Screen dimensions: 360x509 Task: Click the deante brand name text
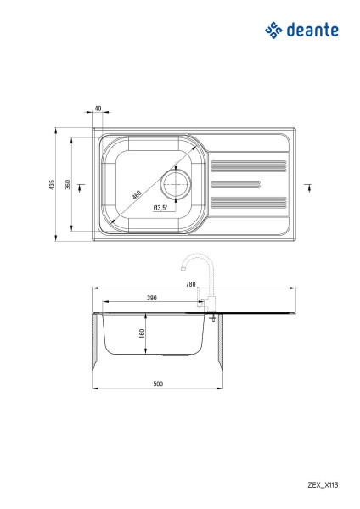click(312, 31)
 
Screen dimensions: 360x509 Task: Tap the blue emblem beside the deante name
click(273, 31)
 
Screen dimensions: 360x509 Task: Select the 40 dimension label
click(98, 109)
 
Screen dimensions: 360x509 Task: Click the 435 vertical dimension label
click(52, 184)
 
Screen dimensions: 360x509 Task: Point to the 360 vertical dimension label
click(68, 184)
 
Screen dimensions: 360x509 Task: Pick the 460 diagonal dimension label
click(137, 194)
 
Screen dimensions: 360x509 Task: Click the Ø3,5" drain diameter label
click(160, 208)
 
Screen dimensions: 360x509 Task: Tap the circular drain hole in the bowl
click(176, 184)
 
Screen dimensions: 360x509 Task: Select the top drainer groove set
click(249, 166)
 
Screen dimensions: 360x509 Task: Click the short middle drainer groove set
click(235, 184)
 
